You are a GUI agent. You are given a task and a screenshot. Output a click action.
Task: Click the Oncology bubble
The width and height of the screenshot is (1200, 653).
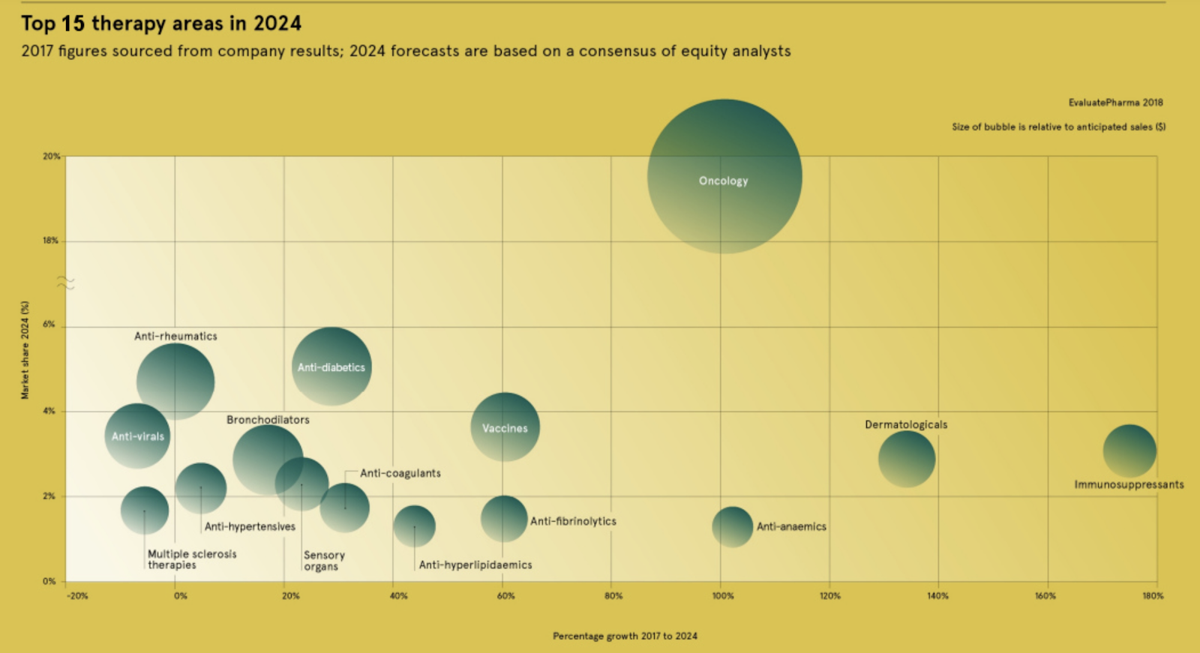(x=724, y=176)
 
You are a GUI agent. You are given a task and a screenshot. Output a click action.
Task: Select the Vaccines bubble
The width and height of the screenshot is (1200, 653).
(x=505, y=427)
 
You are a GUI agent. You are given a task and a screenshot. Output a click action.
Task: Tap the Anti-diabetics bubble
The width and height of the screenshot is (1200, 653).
(x=331, y=367)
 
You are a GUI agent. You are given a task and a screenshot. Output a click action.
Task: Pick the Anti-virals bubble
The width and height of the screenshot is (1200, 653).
(x=137, y=436)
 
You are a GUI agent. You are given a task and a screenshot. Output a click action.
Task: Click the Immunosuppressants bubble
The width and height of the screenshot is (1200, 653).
(x=1129, y=451)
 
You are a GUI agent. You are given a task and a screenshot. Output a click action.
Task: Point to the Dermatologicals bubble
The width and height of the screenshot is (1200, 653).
(x=907, y=459)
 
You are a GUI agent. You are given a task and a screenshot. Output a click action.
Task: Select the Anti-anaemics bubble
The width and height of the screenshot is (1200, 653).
(x=732, y=527)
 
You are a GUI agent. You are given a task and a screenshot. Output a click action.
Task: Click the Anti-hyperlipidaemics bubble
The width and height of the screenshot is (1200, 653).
(x=414, y=526)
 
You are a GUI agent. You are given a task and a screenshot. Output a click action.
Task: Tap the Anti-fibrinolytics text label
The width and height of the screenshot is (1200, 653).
(x=573, y=521)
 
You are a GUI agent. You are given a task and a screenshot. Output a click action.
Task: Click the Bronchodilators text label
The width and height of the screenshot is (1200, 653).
(x=268, y=420)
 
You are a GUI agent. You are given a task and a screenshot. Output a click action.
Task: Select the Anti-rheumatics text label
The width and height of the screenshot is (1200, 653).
(x=175, y=336)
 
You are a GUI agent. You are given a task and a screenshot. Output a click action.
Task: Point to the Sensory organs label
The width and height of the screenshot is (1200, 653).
(x=324, y=561)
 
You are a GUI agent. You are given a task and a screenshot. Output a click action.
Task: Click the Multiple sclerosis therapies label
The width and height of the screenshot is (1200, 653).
(x=191, y=559)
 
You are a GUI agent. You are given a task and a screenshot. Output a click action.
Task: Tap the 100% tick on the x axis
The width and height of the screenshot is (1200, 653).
(x=723, y=596)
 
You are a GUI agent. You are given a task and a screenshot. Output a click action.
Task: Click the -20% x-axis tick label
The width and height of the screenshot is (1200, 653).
(x=77, y=596)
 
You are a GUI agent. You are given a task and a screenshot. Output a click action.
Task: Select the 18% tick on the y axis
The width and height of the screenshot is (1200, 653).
(x=50, y=241)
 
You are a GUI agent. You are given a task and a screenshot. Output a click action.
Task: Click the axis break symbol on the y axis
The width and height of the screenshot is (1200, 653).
(x=66, y=283)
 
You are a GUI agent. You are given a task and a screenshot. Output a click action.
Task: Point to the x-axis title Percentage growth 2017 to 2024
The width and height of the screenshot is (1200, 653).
(x=625, y=636)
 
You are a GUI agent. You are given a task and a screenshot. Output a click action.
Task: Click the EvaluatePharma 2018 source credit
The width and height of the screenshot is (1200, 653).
(x=1115, y=103)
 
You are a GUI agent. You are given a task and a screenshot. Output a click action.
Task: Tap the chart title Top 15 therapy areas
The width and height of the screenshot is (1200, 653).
(x=161, y=24)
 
